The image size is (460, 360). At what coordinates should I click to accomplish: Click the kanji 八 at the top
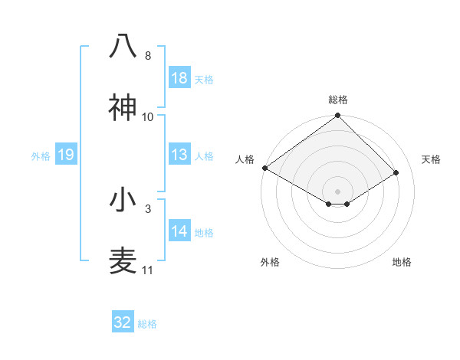[123, 46]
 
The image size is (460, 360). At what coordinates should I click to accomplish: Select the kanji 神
[123, 106]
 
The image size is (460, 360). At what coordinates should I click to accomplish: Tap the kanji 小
[123, 200]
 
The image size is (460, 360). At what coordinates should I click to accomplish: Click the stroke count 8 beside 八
[148, 56]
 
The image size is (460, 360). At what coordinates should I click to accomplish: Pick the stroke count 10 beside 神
[148, 116]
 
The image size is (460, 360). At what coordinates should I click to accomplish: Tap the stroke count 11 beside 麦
[148, 270]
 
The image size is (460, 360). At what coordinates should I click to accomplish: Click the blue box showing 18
[179, 78]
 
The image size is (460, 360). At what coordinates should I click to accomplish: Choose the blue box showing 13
[179, 155]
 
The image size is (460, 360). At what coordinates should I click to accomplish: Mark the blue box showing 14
[179, 232]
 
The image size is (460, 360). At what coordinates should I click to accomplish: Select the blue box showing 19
[66, 155]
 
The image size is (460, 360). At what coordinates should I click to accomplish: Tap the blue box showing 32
[123, 322]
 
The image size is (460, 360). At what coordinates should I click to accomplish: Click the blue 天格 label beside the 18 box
[204, 79]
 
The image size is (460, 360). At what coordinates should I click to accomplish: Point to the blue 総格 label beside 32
[147, 323]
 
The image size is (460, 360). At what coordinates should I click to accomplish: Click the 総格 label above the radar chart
[337, 100]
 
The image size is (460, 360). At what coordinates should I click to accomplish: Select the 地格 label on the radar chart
[402, 263]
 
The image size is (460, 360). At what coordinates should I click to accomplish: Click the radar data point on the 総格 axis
[337, 116]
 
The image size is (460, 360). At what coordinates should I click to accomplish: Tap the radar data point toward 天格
[396, 173]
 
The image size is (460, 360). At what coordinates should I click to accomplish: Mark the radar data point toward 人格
[264, 168]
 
